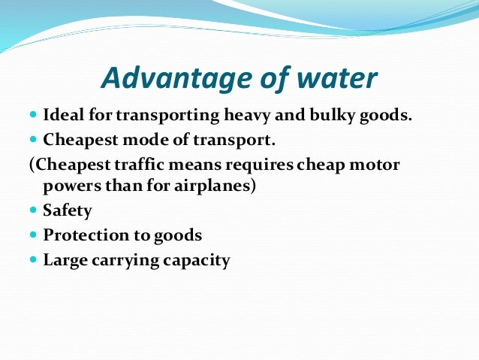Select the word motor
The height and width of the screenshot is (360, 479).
(x=376, y=164)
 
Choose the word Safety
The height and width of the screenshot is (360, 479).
(x=68, y=211)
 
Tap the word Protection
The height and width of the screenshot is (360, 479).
(x=86, y=235)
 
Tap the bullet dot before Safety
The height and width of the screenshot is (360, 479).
(x=33, y=211)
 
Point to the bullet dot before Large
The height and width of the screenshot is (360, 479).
(x=33, y=260)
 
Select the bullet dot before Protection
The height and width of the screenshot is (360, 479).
(x=33, y=235)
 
